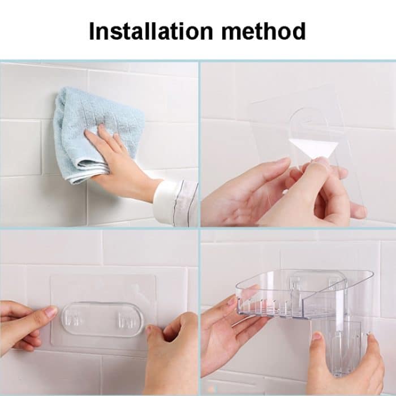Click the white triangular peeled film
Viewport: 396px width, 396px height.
point(315,149)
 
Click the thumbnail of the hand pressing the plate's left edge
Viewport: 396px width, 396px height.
point(50,312)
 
